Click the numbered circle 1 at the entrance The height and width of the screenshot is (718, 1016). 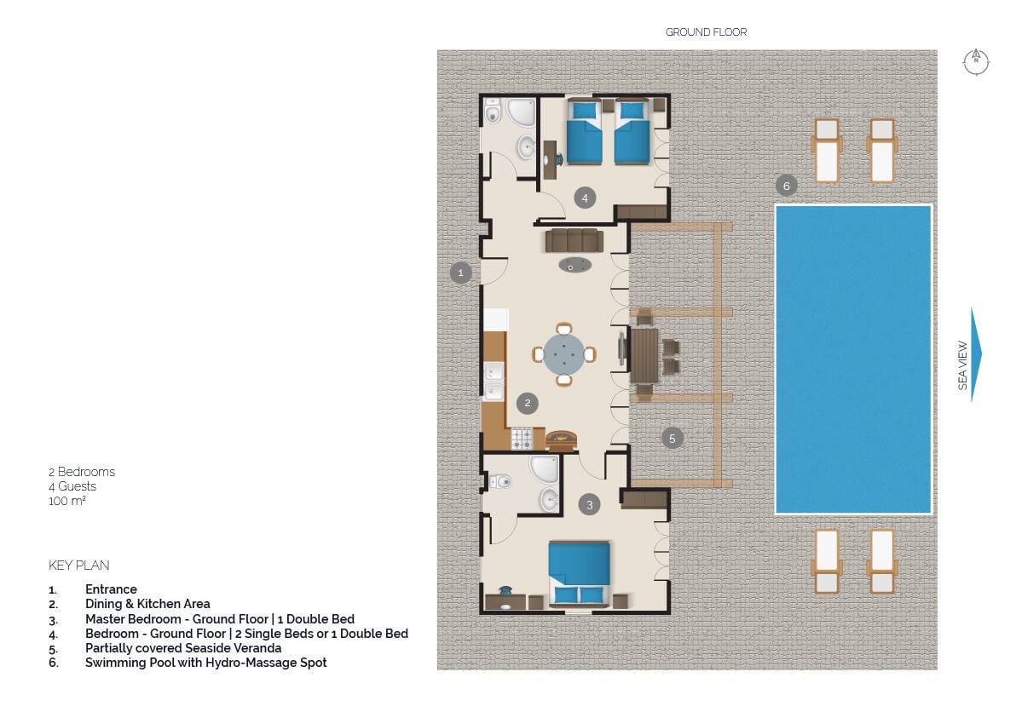(461, 273)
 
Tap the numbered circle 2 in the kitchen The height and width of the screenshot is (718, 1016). (528, 404)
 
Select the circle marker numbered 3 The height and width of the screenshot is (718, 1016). (590, 505)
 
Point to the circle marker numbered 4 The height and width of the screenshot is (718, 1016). (585, 198)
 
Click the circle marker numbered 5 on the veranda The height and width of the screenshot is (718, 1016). (672, 439)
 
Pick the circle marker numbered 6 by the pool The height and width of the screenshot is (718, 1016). (787, 186)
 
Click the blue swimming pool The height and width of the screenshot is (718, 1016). (853, 359)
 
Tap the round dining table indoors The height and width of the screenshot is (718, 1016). (563, 354)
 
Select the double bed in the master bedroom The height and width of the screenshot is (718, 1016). (580, 573)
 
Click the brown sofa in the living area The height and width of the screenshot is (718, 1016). (574, 240)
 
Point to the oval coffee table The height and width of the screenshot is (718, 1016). (574, 265)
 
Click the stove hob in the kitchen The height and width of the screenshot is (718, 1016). (522, 439)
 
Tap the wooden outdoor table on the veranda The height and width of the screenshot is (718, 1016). (644, 355)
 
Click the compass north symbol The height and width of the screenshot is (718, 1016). (976, 62)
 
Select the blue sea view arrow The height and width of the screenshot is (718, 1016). (976, 354)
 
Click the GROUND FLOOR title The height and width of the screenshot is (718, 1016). (707, 32)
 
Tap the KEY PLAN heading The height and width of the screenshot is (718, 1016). (79, 566)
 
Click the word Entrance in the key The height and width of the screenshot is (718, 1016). (111, 589)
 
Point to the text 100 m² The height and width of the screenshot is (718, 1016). (67, 501)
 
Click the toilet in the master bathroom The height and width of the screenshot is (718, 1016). (499, 482)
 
